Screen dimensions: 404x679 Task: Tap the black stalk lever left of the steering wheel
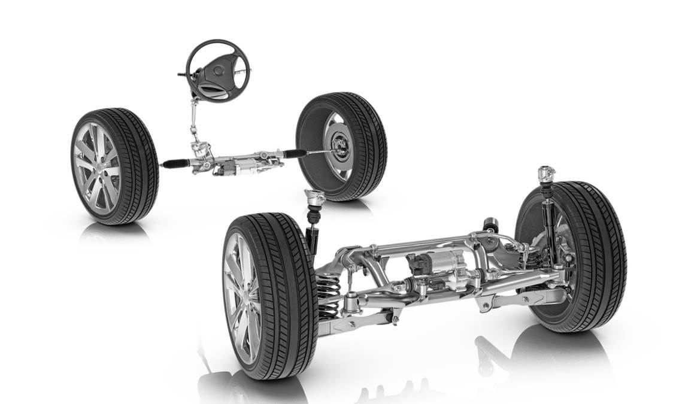pyautogui.click(x=182, y=75)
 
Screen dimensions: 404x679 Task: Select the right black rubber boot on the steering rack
pyautogui.click(x=295, y=154)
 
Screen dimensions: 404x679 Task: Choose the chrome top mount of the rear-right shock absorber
pyautogui.click(x=545, y=174)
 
